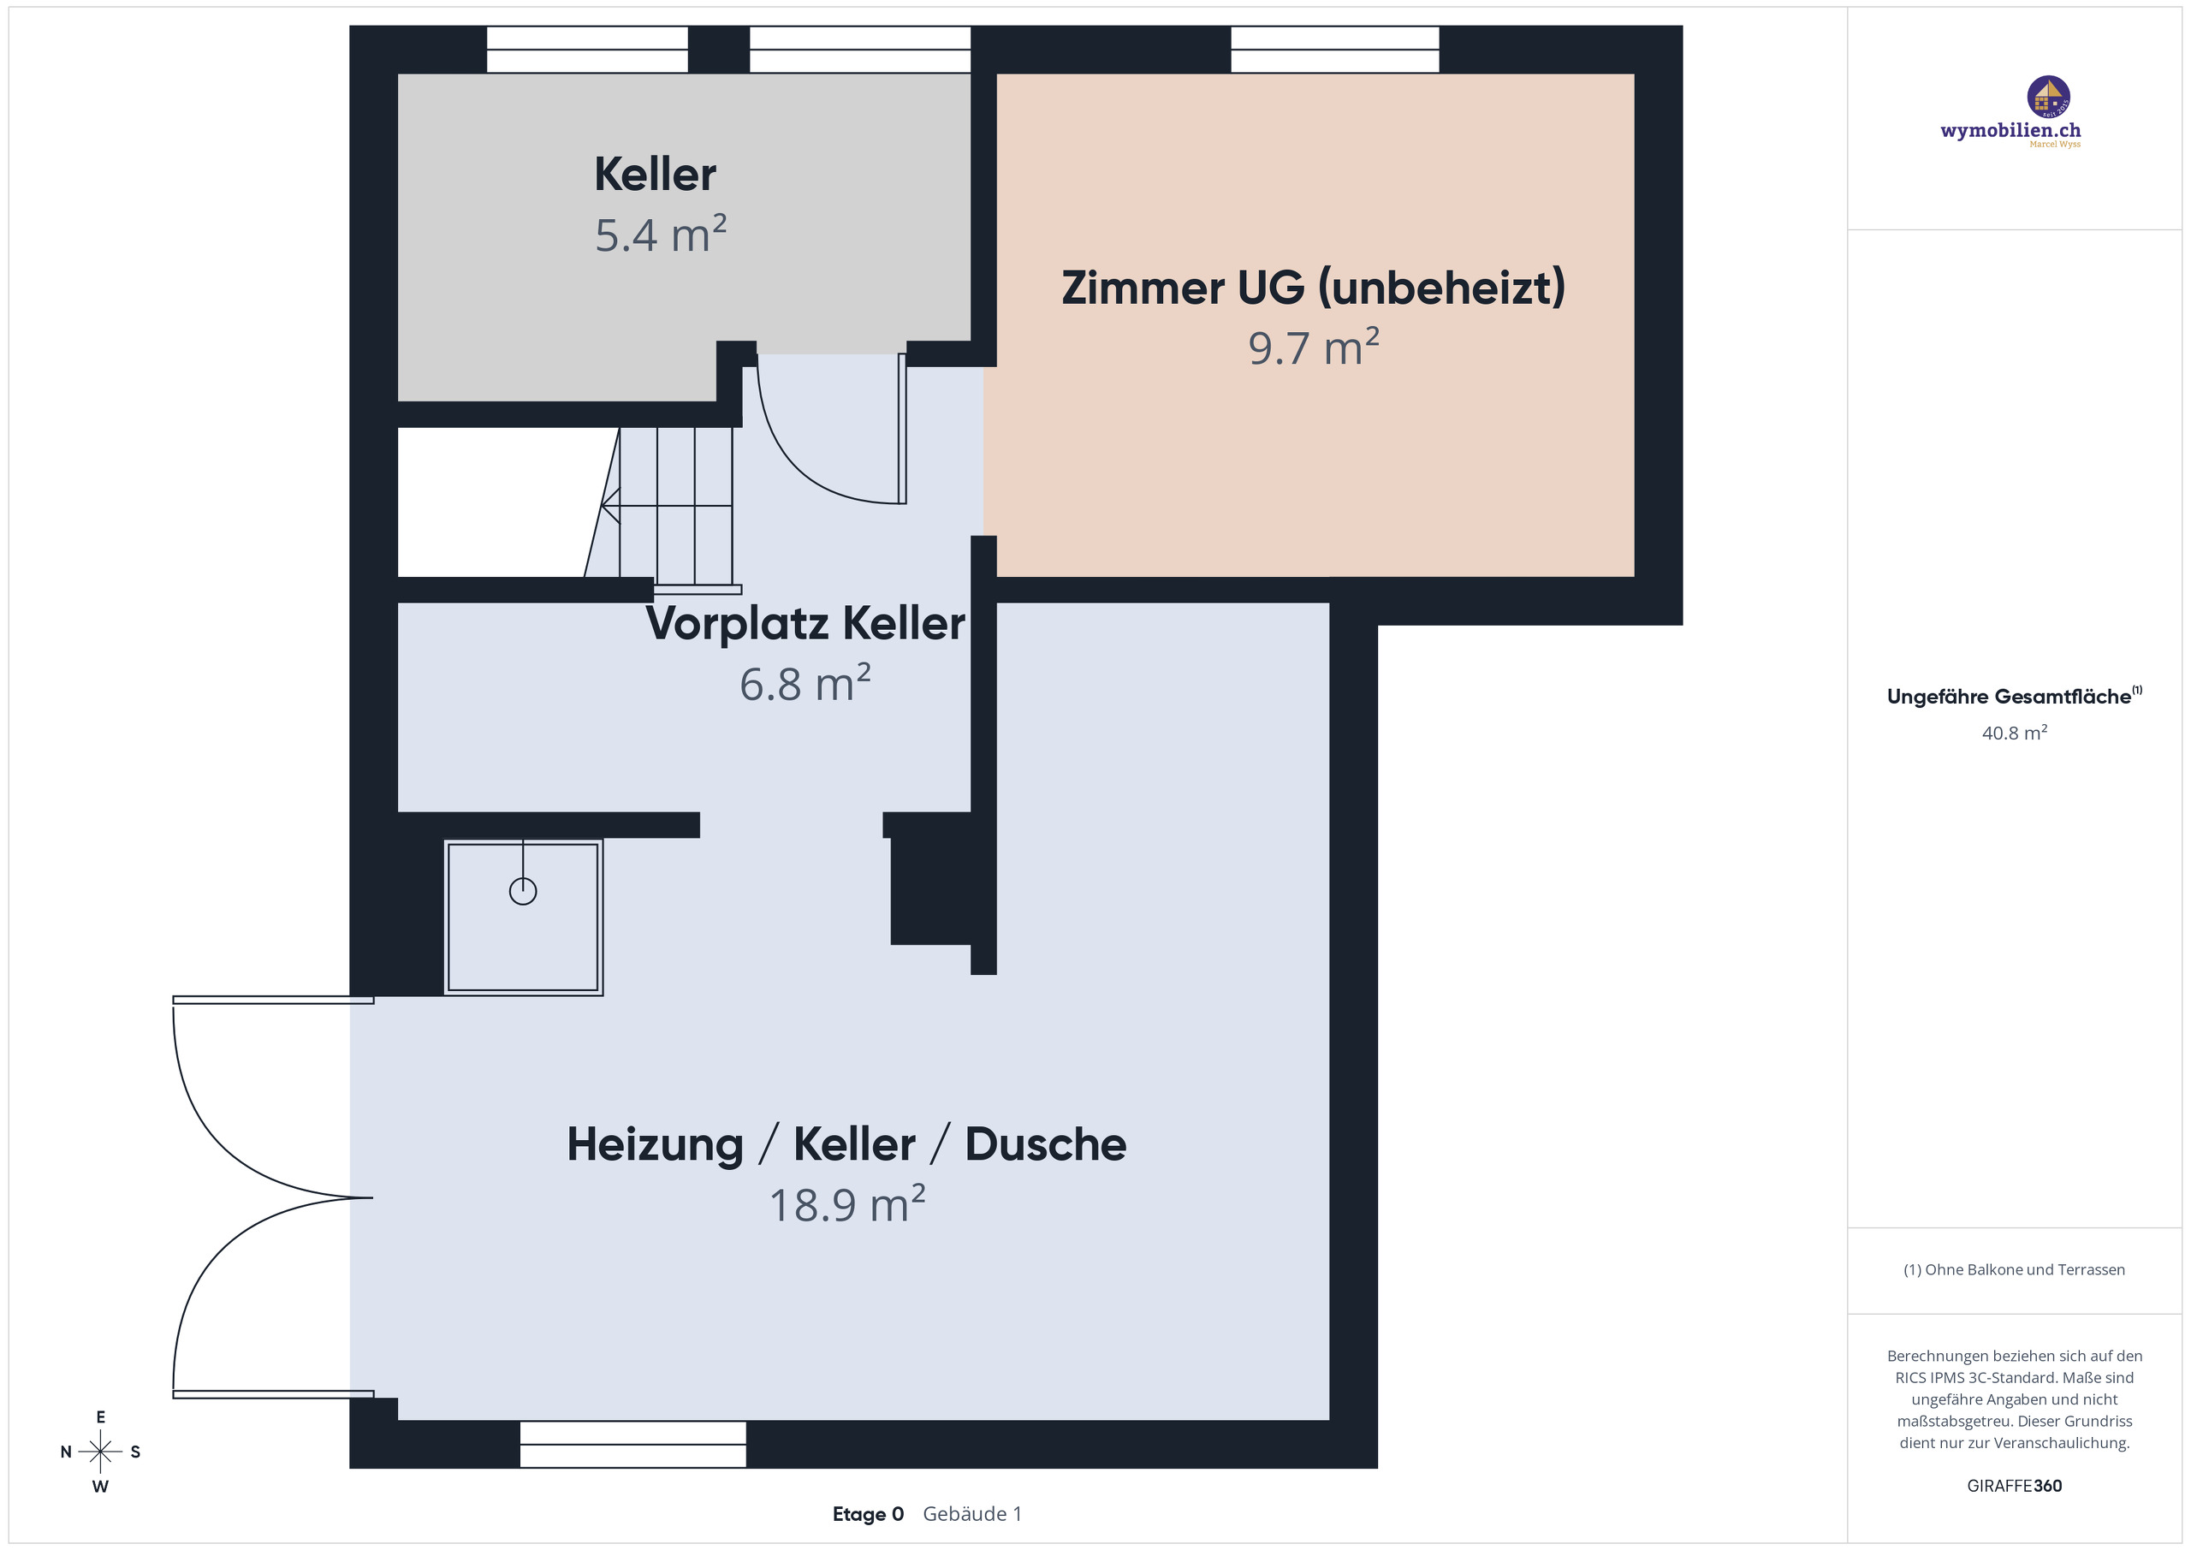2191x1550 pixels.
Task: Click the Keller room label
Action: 655,175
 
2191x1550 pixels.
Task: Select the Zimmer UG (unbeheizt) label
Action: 1313,288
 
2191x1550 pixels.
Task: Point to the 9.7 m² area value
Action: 1313,347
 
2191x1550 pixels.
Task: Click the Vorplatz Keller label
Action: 805,623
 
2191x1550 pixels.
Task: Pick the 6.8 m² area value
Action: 805,685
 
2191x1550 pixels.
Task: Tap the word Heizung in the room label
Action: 655,1144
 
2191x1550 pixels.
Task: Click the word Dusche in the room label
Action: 1045,1144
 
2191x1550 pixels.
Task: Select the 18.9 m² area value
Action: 846,1204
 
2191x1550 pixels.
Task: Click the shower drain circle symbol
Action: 523,892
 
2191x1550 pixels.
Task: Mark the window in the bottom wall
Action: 632,1444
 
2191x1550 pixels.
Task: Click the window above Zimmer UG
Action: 1334,50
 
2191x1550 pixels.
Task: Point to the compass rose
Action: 100,1452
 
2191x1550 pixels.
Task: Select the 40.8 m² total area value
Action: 2014,733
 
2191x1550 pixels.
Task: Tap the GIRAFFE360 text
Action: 2014,1486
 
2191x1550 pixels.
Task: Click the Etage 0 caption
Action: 868,1515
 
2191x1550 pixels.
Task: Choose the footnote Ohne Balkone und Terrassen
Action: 2014,1269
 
